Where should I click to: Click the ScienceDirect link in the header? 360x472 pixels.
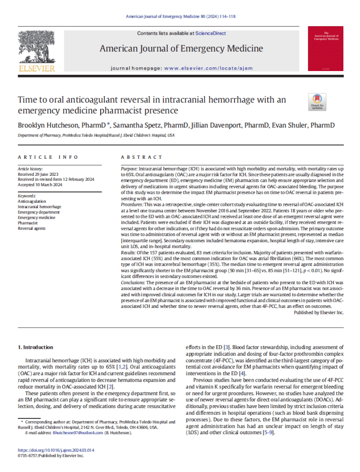click(210, 33)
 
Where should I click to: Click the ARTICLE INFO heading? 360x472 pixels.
click(48, 157)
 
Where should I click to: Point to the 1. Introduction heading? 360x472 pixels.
click(35, 347)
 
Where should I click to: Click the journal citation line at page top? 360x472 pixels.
click(180, 17)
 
